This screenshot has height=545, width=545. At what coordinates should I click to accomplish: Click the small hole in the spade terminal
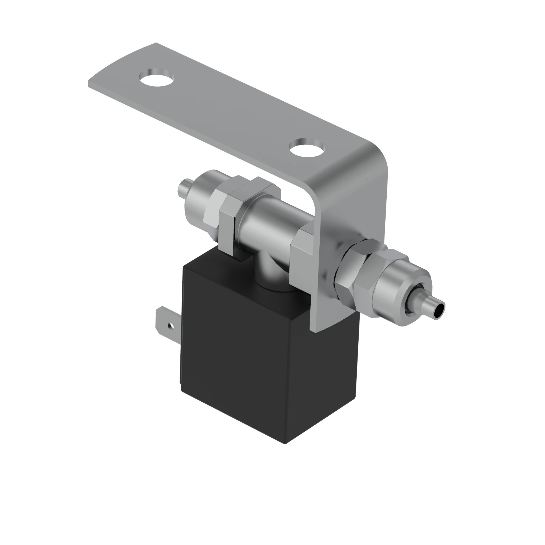[170, 326]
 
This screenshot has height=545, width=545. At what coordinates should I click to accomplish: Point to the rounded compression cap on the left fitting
[198, 198]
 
